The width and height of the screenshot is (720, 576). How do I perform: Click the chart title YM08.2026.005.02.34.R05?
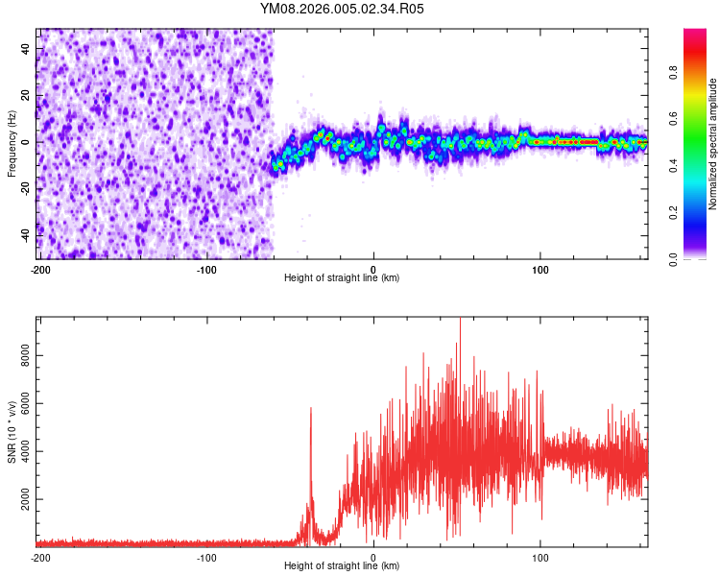[342, 9]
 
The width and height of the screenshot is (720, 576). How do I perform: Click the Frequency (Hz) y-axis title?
[12, 144]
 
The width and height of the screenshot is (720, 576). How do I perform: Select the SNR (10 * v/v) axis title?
[12, 432]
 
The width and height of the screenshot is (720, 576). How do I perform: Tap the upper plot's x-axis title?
[342, 277]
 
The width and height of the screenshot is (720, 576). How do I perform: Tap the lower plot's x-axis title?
[342, 565]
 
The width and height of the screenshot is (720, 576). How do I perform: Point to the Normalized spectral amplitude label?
[713, 144]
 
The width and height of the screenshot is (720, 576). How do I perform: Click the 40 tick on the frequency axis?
[26, 48]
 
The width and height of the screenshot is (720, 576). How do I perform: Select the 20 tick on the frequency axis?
[26, 95]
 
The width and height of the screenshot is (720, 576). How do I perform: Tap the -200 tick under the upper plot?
[40, 267]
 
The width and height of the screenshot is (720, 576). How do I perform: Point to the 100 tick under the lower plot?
[540, 556]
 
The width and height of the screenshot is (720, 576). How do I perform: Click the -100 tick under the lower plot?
[206, 556]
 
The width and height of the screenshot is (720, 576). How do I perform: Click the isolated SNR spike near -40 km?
[311, 410]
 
